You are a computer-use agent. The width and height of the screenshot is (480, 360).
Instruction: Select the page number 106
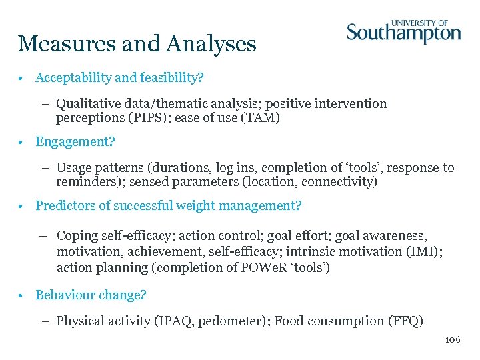pyautogui.click(x=453, y=340)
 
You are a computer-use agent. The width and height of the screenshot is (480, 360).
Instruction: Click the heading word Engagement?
pyautogui.click(x=75, y=142)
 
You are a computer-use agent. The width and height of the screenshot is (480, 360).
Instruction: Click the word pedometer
pyautogui.click(x=229, y=321)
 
